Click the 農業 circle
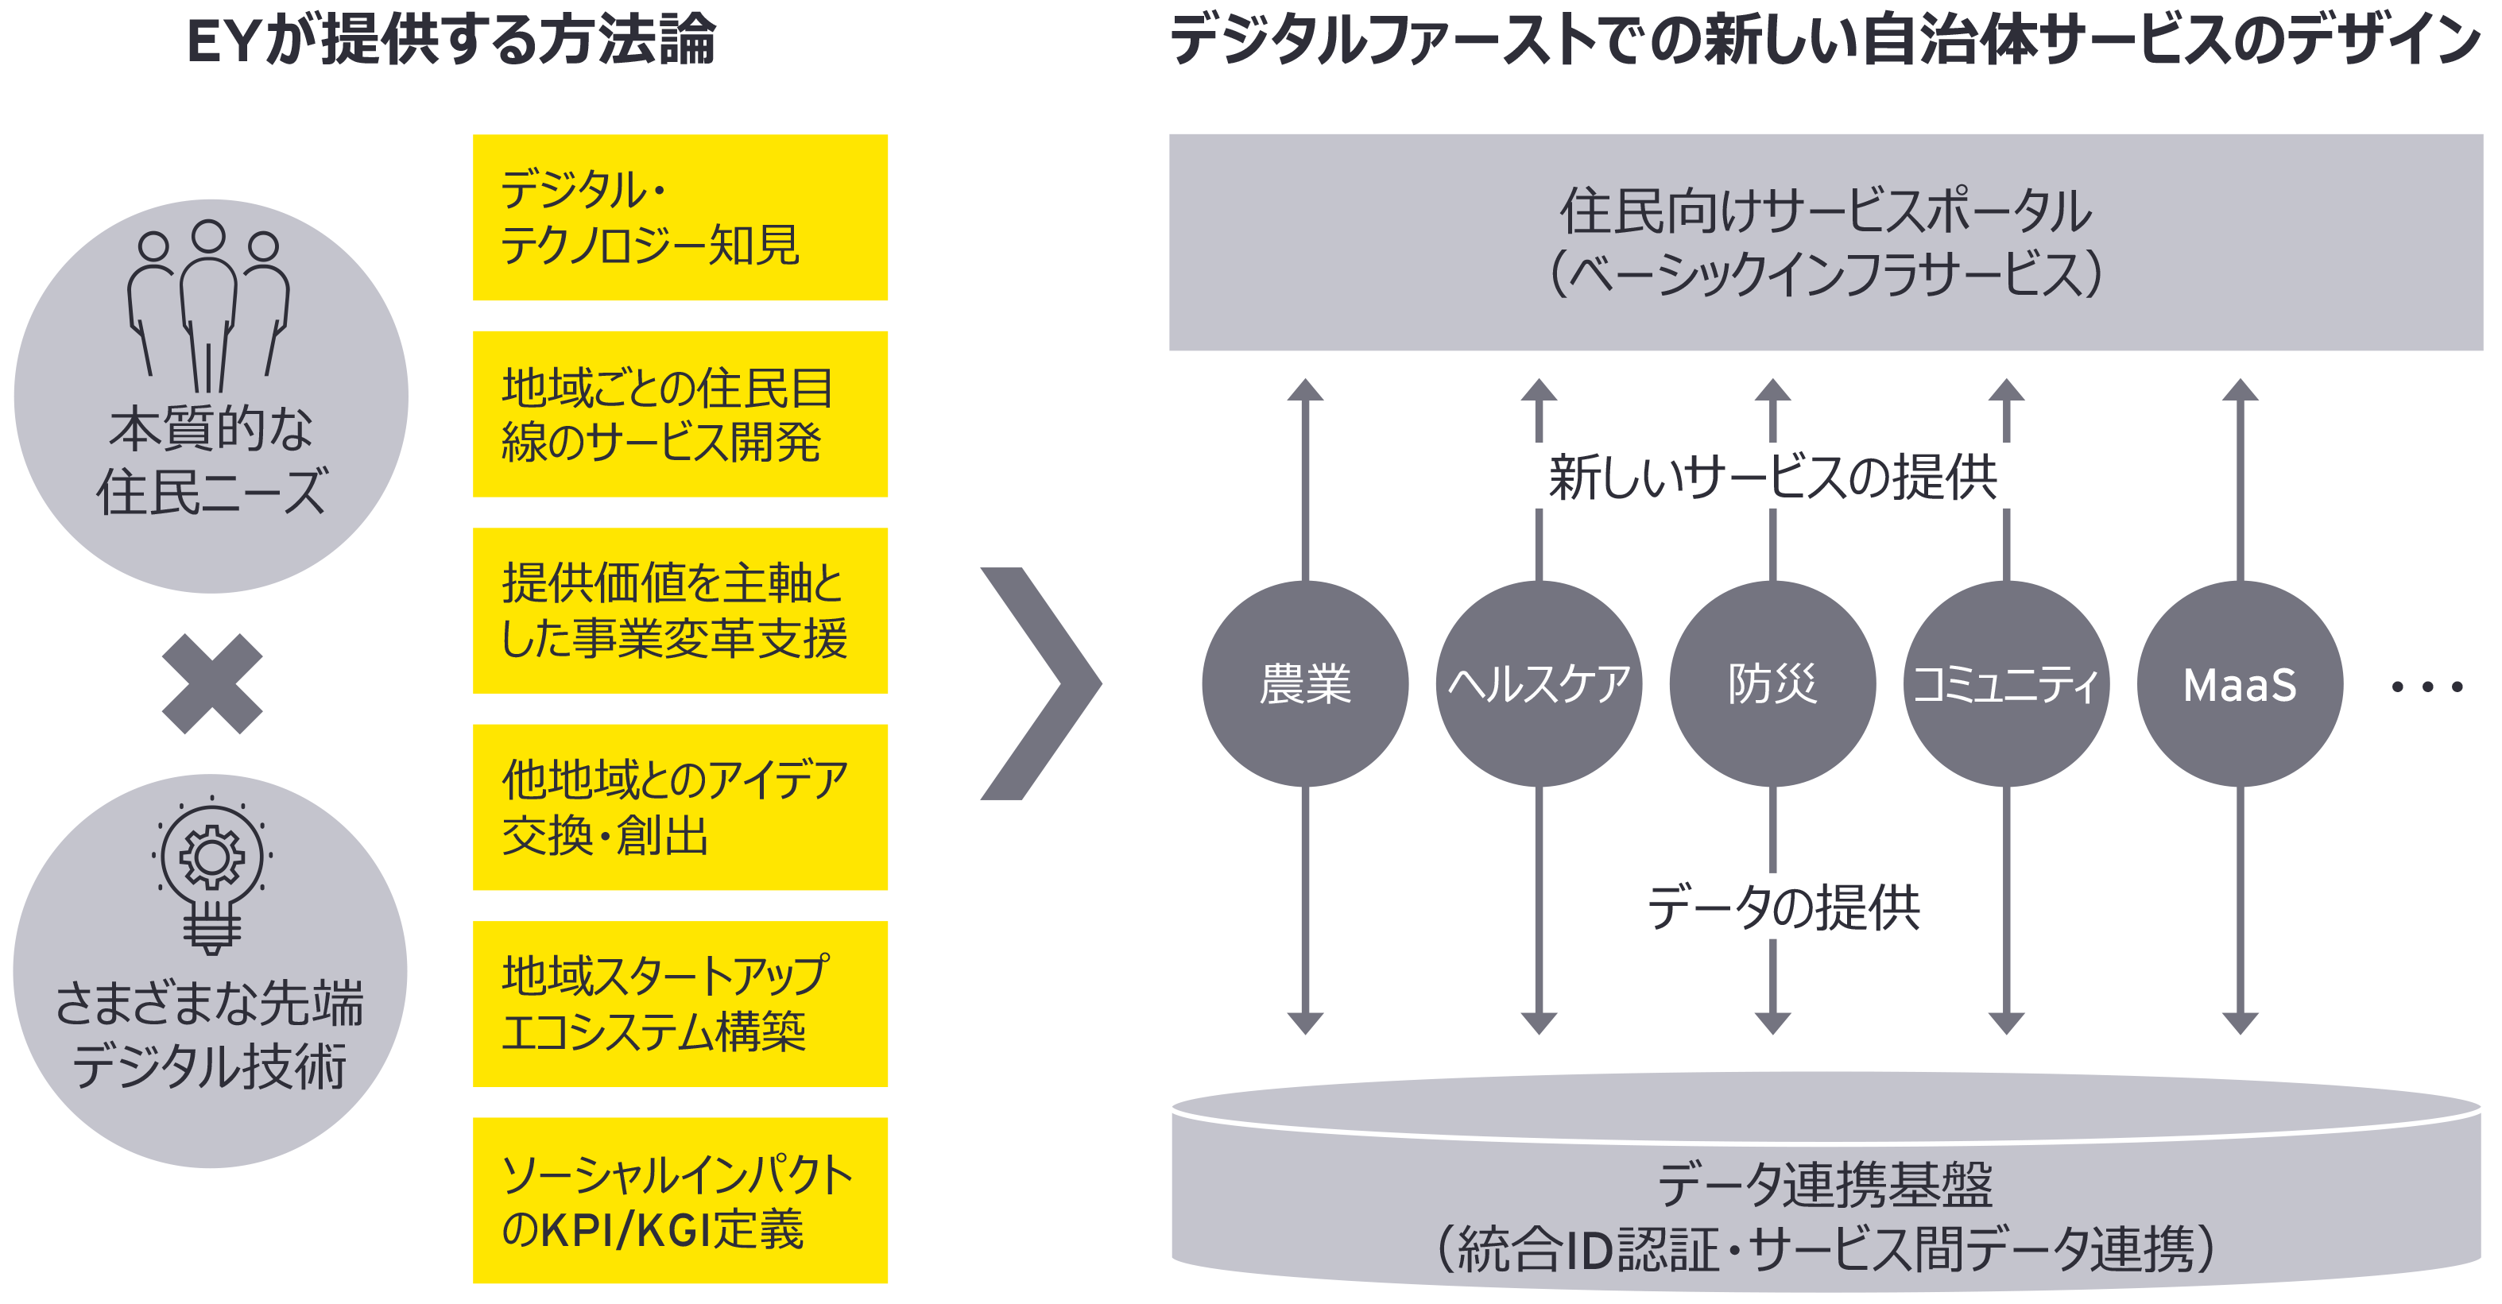point(1304,683)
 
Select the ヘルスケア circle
point(1539,683)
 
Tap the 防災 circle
point(1772,683)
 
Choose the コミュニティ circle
point(2006,683)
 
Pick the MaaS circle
point(2239,683)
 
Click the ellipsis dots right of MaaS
point(2426,687)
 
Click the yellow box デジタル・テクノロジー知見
point(680,218)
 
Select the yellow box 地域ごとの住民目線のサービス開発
point(680,415)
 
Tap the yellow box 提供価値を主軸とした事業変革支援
point(680,611)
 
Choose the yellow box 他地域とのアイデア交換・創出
point(680,807)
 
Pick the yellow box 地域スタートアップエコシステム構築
point(680,1004)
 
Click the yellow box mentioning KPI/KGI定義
point(680,1200)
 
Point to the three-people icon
point(209,306)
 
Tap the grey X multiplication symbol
point(211,683)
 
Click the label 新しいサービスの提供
point(1772,477)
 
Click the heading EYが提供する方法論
point(451,41)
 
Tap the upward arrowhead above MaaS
point(2240,390)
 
